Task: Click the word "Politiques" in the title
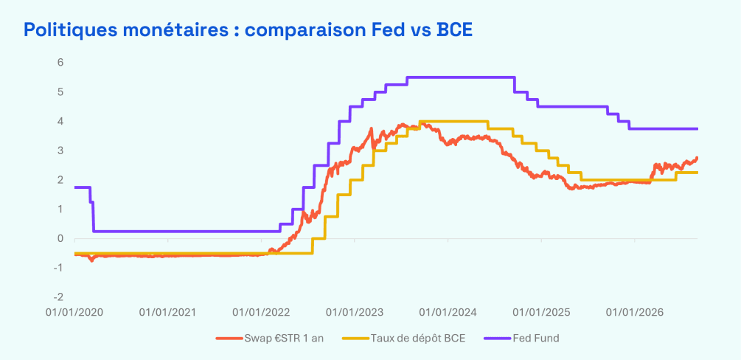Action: [65, 30]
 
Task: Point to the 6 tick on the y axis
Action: [61, 62]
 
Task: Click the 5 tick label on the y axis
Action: [61, 91]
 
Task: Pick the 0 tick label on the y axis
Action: [61, 238]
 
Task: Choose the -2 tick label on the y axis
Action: [59, 297]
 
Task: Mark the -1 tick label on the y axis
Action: [59, 268]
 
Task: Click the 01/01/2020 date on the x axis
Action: [74, 312]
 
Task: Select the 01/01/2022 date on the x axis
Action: [262, 312]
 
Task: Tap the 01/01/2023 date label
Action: [355, 312]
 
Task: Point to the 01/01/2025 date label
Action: [542, 312]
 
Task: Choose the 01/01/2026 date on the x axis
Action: [635, 312]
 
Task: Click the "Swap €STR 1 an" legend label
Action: [284, 339]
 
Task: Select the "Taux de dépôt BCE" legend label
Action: [418, 339]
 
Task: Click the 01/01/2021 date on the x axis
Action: [168, 312]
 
